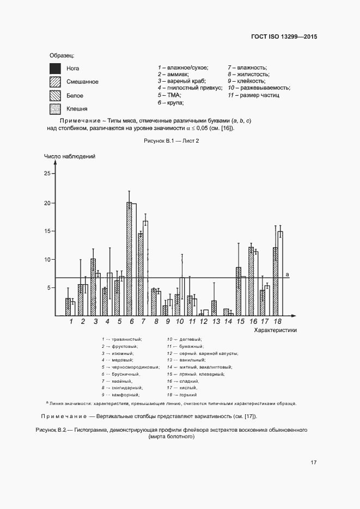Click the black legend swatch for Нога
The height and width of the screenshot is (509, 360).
point(55,69)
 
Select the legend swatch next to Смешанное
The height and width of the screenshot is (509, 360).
point(55,82)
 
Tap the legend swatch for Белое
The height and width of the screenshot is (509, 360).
point(55,95)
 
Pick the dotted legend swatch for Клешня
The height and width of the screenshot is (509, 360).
point(55,108)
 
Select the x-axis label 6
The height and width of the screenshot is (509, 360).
point(132,322)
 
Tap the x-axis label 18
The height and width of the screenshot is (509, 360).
point(278,322)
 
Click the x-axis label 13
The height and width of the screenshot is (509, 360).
point(216,322)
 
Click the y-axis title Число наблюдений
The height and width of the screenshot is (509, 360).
point(70,156)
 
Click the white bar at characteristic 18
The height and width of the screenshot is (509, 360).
point(280,273)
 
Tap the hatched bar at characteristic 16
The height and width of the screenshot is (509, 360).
point(251,281)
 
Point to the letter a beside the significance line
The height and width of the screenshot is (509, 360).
point(287,274)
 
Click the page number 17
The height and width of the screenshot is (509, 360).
point(314,463)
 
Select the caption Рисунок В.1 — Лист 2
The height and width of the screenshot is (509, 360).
point(172,140)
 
